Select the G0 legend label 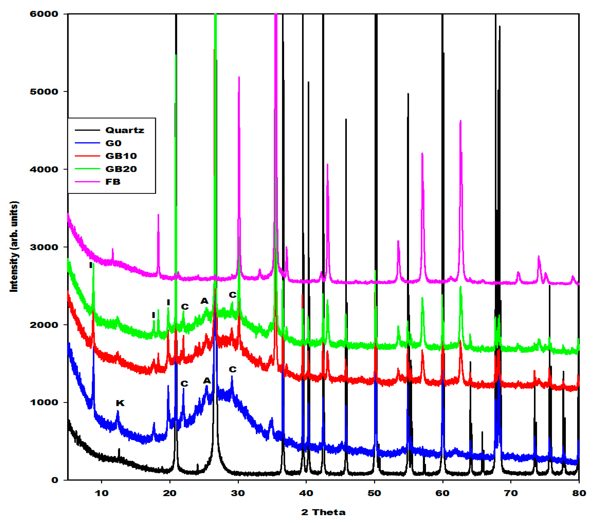tap(113, 143)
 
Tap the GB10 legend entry tap(121, 156)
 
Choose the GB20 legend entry tap(121, 169)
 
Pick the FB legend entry tap(113, 182)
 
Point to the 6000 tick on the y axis tap(44, 14)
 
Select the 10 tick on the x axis tap(102, 493)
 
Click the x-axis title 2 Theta tap(323, 512)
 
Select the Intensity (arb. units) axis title tap(14, 246)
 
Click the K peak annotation tap(120, 403)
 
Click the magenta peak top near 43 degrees tap(328, 165)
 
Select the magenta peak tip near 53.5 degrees tap(398, 241)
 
